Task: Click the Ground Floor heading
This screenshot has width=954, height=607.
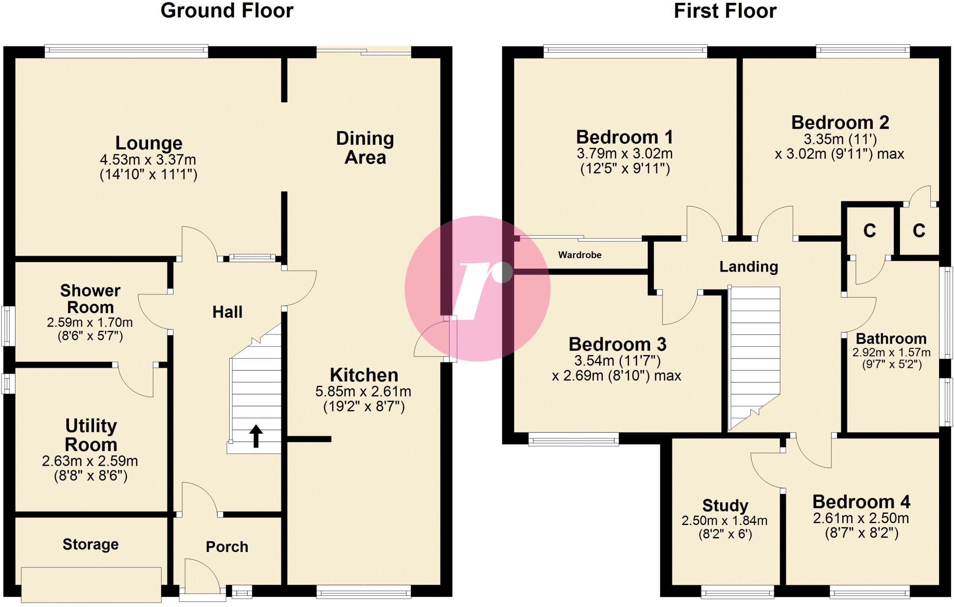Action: tap(227, 11)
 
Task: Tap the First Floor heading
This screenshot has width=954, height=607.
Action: tap(725, 11)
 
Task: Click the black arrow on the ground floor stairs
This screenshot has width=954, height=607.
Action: tap(256, 436)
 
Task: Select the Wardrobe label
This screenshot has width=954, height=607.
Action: tap(579, 255)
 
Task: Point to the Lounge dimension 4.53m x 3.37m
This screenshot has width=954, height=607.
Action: tap(148, 160)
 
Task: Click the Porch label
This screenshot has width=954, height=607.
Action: tap(227, 546)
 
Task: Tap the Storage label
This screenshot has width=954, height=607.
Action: tap(90, 544)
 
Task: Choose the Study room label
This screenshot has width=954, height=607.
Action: tap(725, 505)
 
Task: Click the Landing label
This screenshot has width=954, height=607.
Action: tap(749, 266)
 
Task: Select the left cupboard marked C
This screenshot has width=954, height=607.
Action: tap(869, 231)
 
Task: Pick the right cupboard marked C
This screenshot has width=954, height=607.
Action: tap(919, 231)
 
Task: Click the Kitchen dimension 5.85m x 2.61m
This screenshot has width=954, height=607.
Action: tap(363, 392)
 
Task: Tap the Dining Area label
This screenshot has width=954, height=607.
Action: tap(365, 148)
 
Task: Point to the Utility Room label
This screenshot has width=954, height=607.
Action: tap(91, 435)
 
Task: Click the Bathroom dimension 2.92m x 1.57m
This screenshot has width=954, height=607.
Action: tap(891, 353)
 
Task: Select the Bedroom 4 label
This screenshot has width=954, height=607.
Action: tap(861, 502)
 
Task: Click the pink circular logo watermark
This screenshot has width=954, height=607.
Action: tap(477, 288)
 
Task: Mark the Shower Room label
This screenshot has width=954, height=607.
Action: tap(90, 299)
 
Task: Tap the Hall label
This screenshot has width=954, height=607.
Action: tap(227, 312)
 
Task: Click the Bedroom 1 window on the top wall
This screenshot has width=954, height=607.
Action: tap(625, 51)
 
